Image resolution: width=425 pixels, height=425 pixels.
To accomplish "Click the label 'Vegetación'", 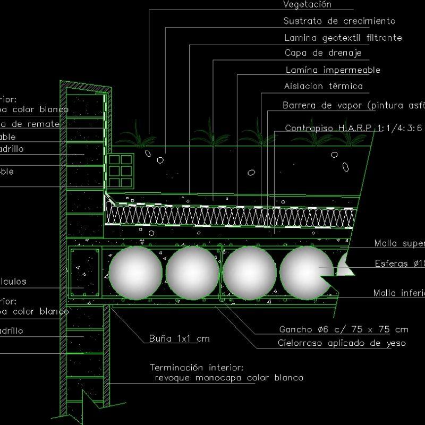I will coord(307,5).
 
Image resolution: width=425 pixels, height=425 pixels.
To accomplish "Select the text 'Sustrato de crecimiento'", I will coord(339,21).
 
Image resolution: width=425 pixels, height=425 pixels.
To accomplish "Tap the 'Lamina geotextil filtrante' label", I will coord(343,38).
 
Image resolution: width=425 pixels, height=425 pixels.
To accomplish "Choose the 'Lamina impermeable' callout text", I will coord(333,70).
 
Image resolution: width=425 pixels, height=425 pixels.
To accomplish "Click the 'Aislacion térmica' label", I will coord(323,86).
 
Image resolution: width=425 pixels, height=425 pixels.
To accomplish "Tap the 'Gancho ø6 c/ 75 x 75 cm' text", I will coord(343,329).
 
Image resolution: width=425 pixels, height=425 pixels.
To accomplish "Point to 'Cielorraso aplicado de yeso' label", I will coord(342,343).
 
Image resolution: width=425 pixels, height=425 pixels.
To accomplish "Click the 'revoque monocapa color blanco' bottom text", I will coord(228,378).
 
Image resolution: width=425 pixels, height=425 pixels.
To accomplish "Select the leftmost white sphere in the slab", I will coord(135,273).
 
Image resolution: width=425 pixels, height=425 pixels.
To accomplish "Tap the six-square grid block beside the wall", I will coord(120,171).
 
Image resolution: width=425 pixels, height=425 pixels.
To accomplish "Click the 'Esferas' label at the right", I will coord(398,263).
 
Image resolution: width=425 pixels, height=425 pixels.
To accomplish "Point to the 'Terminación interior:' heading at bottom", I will coord(196,367).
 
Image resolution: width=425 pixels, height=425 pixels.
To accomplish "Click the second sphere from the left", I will coord(192,273).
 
